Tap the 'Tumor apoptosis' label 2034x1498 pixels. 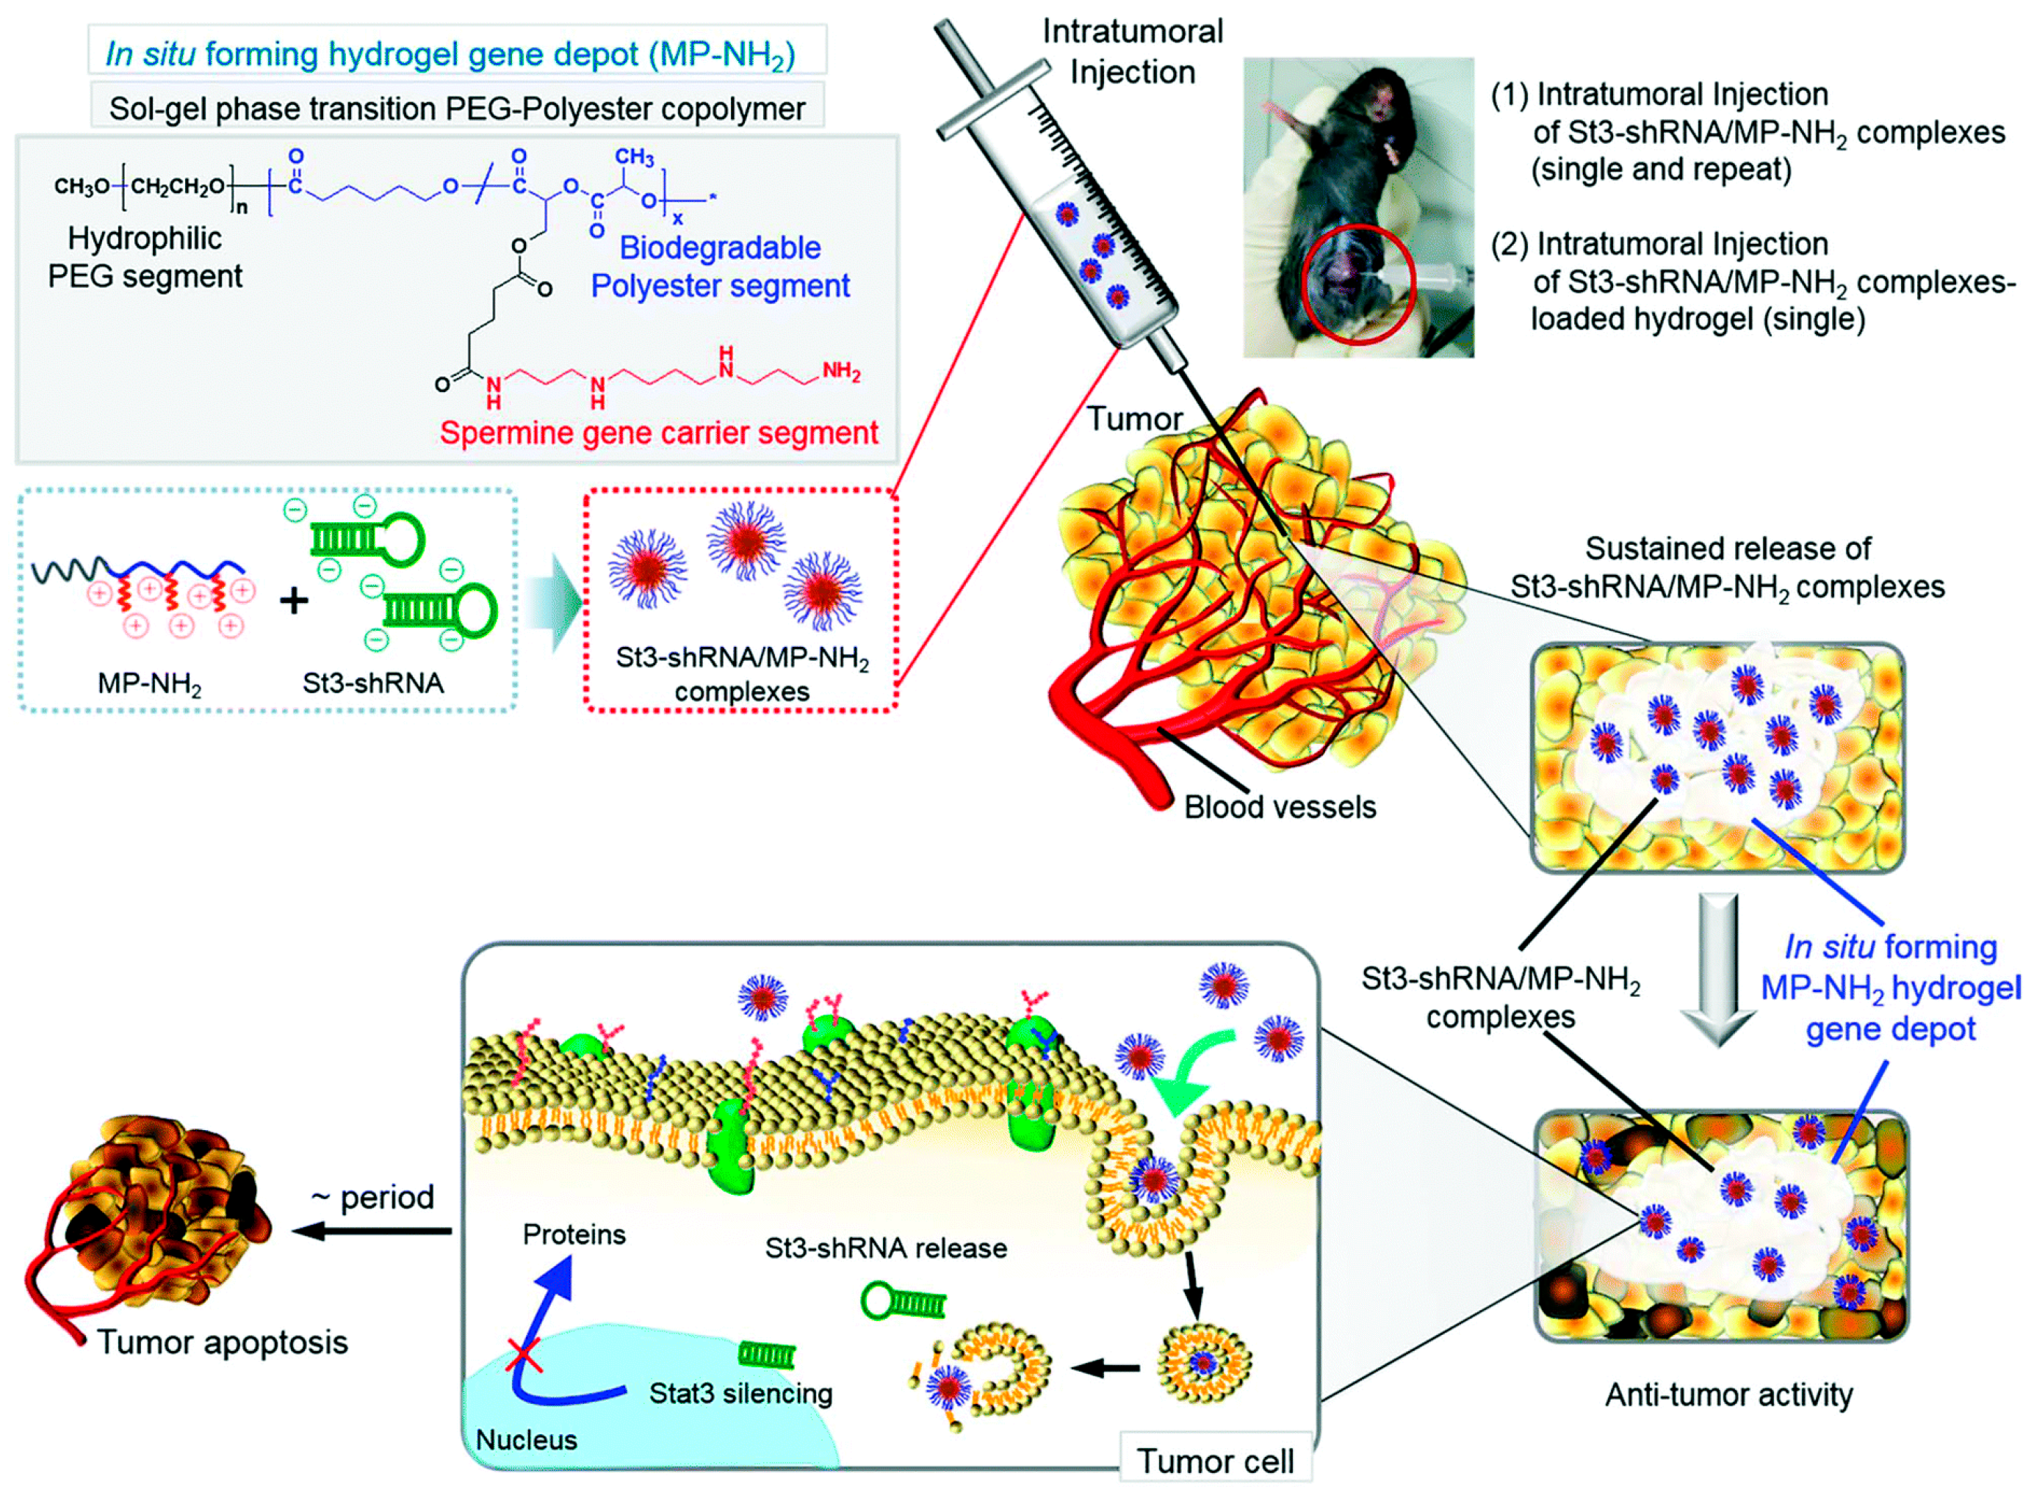click(x=222, y=1343)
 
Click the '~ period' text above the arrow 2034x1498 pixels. click(x=372, y=1198)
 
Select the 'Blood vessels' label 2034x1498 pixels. click(x=1279, y=807)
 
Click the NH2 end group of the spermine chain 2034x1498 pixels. click(x=840, y=371)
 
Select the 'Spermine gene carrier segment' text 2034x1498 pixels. click(x=658, y=433)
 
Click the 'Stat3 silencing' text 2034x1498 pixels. click(x=740, y=1394)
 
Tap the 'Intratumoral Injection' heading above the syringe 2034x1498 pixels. click(x=1132, y=51)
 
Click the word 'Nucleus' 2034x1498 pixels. click(x=526, y=1440)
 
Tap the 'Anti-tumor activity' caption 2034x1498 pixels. click(x=1728, y=1394)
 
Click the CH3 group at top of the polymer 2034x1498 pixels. click(x=634, y=157)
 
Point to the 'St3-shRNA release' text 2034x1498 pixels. click(x=885, y=1248)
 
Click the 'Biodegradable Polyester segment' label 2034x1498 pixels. click(x=720, y=267)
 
